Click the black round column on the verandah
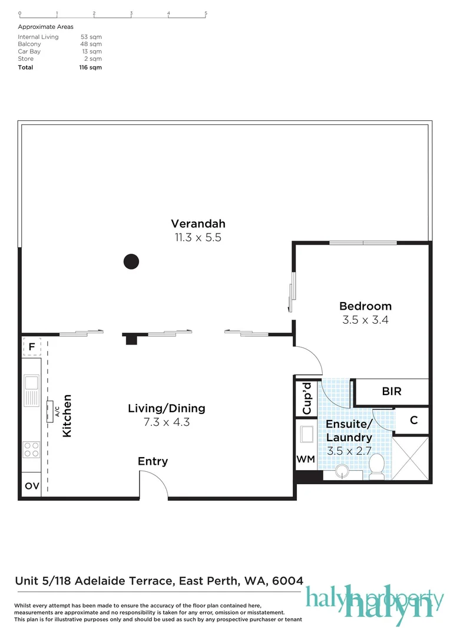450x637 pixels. point(131,261)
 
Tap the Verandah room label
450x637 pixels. point(198,224)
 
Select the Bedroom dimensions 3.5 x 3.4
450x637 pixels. point(365,321)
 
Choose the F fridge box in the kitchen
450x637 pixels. point(31,347)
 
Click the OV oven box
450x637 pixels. point(31,487)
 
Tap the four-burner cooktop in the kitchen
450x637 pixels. point(31,449)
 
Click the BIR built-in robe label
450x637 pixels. point(392,391)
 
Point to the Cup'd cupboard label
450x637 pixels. point(306,398)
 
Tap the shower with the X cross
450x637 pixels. point(411,458)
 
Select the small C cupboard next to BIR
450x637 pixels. point(413,421)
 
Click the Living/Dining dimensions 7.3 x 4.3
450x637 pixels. point(167,422)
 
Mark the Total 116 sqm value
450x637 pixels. point(91,67)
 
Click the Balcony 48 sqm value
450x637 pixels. point(91,44)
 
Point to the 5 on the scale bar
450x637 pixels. point(206,12)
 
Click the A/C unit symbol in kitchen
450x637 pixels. point(51,409)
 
